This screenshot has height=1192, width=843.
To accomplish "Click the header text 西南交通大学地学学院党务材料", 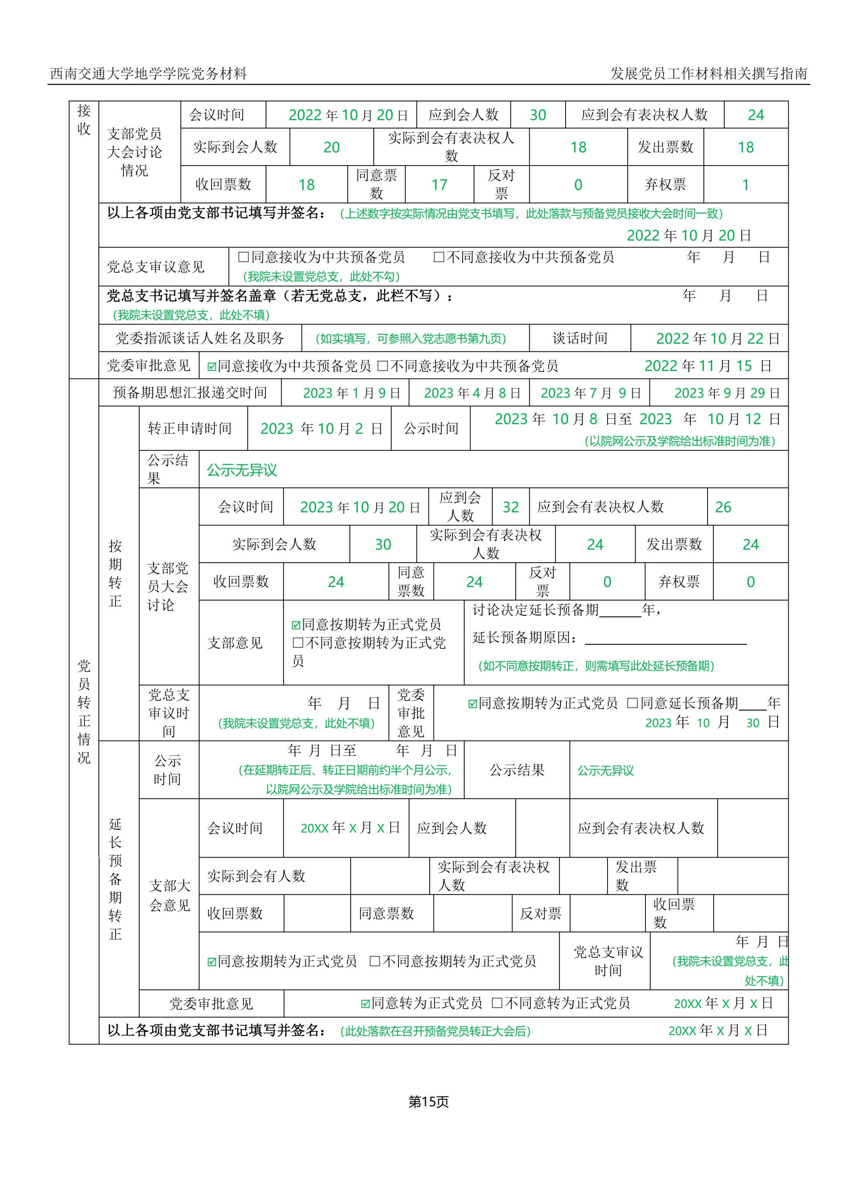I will click(149, 74).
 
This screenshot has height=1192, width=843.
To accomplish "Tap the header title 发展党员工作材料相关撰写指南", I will click(708, 74).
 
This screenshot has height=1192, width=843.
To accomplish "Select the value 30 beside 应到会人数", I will click(538, 115).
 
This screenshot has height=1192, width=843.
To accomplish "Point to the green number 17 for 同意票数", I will click(439, 185).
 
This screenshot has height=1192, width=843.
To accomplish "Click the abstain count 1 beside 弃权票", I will click(745, 185).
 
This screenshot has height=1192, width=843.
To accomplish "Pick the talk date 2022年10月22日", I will click(718, 339).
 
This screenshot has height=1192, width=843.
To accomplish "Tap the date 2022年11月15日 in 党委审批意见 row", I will click(708, 366).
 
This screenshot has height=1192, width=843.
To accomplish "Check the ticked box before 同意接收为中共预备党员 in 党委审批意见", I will click(212, 367).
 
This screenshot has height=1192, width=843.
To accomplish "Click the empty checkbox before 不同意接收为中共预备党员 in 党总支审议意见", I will click(439, 257).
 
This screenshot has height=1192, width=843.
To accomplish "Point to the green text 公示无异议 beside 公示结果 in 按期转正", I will click(242, 470).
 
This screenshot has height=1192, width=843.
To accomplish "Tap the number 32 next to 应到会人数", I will click(511, 507).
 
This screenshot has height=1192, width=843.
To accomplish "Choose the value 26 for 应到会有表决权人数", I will click(723, 507).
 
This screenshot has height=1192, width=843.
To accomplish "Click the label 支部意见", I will click(235, 643).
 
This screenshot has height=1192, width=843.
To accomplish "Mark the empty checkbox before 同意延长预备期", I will click(632, 703).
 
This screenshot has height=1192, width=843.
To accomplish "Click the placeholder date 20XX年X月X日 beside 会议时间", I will click(350, 828).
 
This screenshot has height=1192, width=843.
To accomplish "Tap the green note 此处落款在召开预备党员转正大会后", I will click(435, 1031).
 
